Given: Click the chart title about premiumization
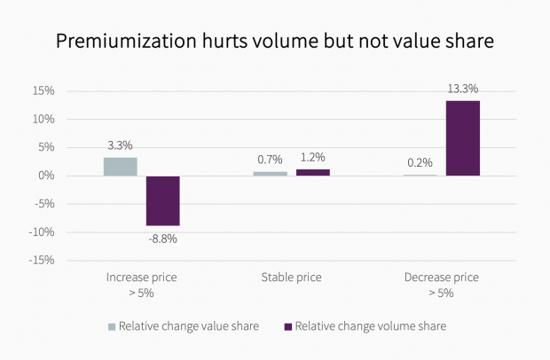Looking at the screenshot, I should [x=275, y=41].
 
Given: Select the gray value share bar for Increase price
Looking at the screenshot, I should [x=121, y=167].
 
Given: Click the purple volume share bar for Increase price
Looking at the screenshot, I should [x=163, y=200].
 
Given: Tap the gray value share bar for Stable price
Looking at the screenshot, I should [x=271, y=174].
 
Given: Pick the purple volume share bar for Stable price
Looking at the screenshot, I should [x=313, y=172].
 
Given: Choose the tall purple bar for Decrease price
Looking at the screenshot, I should [x=462, y=138].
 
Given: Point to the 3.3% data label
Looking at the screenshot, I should [x=121, y=145].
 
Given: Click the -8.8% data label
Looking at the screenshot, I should [x=162, y=239].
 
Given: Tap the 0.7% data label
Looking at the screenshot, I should [x=270, y=160].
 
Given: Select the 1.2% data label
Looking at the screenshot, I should [x=313, y=157].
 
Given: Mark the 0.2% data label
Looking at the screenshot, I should [x=420, y=162].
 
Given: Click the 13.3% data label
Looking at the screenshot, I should [x=462, y=88].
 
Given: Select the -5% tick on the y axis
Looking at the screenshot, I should [x=44, y=204].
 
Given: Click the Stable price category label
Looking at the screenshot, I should [x=292, y=278].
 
